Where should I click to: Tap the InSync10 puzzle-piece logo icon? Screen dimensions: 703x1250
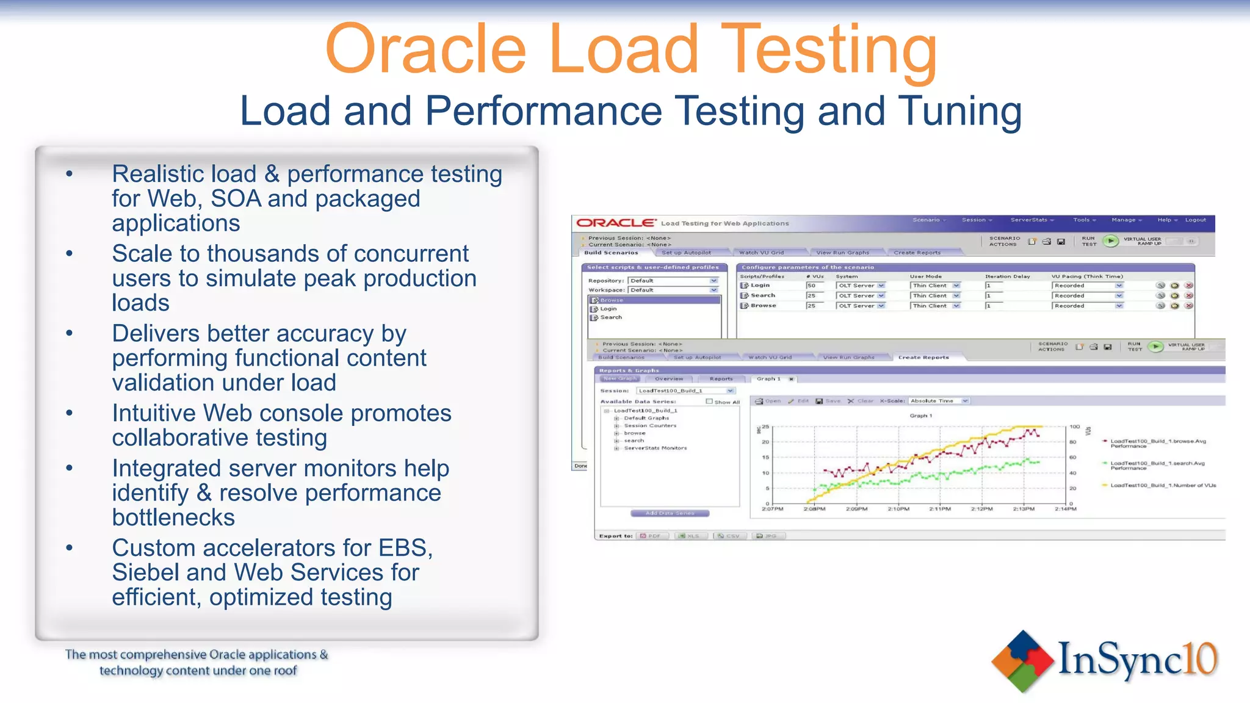pyautogui.click(x=1022, y=661)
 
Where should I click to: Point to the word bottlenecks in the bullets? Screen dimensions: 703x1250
pyautogui.click(x=173, y=518)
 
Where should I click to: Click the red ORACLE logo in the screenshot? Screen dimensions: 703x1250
pyautogui.click(x=616, y=223)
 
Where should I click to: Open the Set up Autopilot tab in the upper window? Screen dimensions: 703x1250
pyautogui.click(x=686, y=253)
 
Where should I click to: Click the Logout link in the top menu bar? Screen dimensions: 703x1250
pyautogui.click(x=1195, y=220)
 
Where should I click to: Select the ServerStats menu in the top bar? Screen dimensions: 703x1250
pyautogui.click(x=1031, y=220)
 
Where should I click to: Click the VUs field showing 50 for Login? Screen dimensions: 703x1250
pyautogui.click(x=814, y=286)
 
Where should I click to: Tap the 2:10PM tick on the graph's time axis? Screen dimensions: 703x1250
pyautogui.click(x=898, y=509)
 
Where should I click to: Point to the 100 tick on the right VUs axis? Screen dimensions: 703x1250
pyautogui.click(x=1075, y=427)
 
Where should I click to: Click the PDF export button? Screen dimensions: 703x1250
pyautogui.click(x=651, y=536)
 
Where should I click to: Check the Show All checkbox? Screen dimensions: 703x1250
pyautogui.click(x=709, y=402)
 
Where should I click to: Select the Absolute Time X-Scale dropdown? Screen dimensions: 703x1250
pyautogui.click(x=939, y=401)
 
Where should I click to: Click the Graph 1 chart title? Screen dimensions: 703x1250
pyautogui.click(x=921, y=416)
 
